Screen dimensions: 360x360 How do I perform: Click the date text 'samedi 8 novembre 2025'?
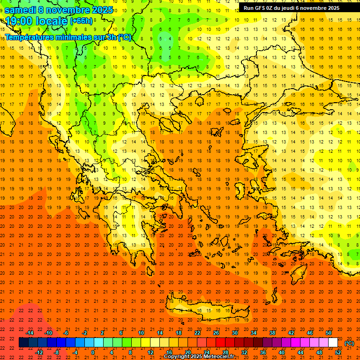coord(59,10)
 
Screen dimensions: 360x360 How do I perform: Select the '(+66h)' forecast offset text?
coord(81,21)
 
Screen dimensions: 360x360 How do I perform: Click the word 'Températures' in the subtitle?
coord(29,37)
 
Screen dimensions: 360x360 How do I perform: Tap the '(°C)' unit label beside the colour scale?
coord(349,343)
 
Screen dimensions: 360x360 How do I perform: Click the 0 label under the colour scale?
coord(93,352)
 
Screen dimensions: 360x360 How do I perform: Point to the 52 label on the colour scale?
coord(337,352)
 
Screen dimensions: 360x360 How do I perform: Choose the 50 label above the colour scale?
coord(329,333)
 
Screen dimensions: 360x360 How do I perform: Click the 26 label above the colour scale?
coord(216,333)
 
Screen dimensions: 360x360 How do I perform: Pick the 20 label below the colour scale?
coord(187,352)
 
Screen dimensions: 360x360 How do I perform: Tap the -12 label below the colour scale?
coord(39,352)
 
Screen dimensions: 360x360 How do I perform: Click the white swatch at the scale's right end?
coord(333,343)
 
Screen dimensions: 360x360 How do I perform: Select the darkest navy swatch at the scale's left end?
coord(23,343)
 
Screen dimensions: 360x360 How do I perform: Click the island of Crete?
coord(206,312)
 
